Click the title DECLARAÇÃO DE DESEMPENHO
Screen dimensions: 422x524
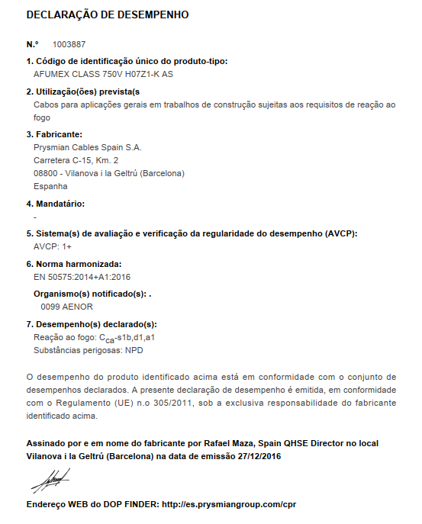coord(108,14)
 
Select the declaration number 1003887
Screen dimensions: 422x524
coord(69,46)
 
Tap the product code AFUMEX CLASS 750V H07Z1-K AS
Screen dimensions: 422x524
coord(104,75)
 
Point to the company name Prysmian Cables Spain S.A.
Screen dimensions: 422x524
coord(88,147)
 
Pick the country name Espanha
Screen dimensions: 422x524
coord(51,186)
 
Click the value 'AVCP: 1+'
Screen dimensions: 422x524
coord(53,247)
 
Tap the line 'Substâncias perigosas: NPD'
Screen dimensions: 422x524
coord(89,350)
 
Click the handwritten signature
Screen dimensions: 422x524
coord(50,481)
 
